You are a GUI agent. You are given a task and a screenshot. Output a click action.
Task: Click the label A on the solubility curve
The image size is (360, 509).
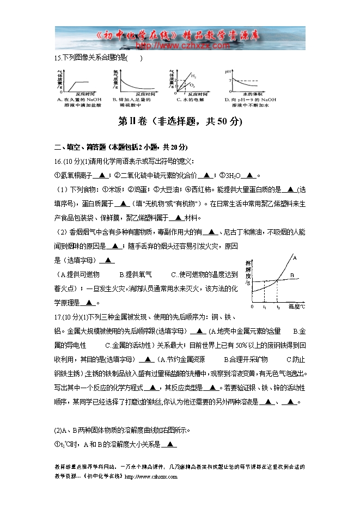click(x=295, y=256)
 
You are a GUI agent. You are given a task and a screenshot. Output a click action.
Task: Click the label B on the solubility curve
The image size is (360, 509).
click(x=292, y=276)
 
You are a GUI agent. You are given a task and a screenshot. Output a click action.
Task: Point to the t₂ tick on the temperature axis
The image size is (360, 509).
click(x=277, y=307)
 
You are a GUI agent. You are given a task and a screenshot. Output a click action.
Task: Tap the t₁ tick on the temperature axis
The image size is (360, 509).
click(x=264, y=307)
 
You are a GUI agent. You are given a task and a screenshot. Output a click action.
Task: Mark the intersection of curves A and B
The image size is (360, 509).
click(x=277, y=280)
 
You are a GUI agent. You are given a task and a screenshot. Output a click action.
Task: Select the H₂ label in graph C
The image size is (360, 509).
click(x=194, y=77)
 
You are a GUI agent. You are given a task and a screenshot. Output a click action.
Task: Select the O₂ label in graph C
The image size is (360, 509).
click(x=193, y=86)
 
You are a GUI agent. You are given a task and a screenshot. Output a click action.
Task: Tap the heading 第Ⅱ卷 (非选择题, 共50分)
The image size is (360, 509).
click(x=180, y=122)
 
